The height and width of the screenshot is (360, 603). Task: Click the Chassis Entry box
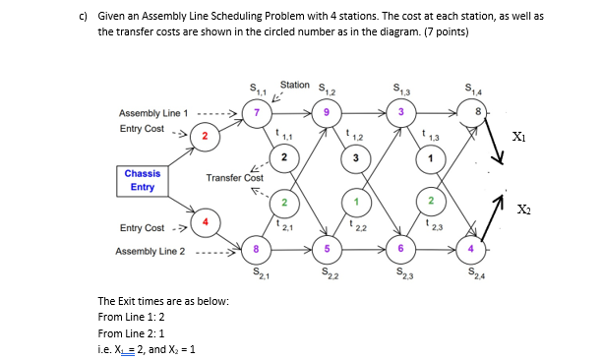pos(143,180)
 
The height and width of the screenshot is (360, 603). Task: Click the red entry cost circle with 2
pos(202,135)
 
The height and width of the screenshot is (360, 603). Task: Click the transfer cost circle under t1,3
pos(428,158)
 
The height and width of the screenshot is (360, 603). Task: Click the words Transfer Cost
pos(234,178)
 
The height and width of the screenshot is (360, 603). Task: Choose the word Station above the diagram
pos(295,86)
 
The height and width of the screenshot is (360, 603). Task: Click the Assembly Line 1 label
pos(152,112)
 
